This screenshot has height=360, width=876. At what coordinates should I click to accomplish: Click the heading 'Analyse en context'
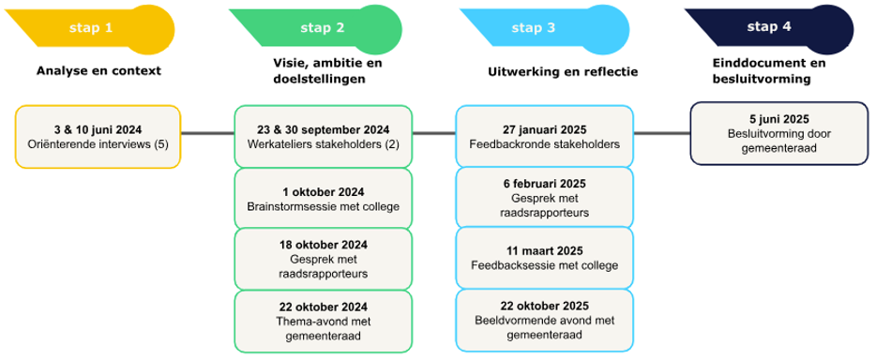pyautogui.click(x=98, y=71)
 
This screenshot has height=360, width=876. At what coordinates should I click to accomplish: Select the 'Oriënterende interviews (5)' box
pyautogui.click(x=98, y=137)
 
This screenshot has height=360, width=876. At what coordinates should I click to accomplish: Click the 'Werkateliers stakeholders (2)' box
pyautogui.click(x=323, y=137)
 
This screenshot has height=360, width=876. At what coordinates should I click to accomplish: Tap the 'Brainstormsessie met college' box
pyautogui.click(x=323, y=198)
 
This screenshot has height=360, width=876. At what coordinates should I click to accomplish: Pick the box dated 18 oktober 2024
pyautogui.click(x=323, y=259)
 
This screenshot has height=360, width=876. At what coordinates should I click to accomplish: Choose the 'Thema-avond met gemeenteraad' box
pyautogui.click(x=323, y=321)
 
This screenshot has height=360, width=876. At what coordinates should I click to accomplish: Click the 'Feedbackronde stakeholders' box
pyautogui.click(x=544, y=137)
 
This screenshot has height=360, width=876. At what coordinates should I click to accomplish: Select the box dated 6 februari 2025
pyautogui.click(x=544, y=198)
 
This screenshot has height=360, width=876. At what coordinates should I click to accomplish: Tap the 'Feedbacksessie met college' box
pyautogui.click(x=544, y=258)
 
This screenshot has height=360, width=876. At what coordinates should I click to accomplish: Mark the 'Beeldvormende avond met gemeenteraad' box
pyautogui.click(x=544, y=320)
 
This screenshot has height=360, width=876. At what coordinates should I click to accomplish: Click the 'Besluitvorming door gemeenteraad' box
pyautogui.click(x=778, y=133)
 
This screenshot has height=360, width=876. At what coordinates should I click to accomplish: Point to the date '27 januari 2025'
pyautogui.click(x=544, y=129)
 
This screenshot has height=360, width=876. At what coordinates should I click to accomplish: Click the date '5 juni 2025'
pyautogui.click(x=778, y=119)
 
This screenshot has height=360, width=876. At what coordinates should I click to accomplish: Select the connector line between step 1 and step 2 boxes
pyautogui.click(x=207, y=134)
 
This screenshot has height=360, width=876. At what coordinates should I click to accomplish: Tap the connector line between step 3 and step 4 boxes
pyautogui.click(x=661, y=134)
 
